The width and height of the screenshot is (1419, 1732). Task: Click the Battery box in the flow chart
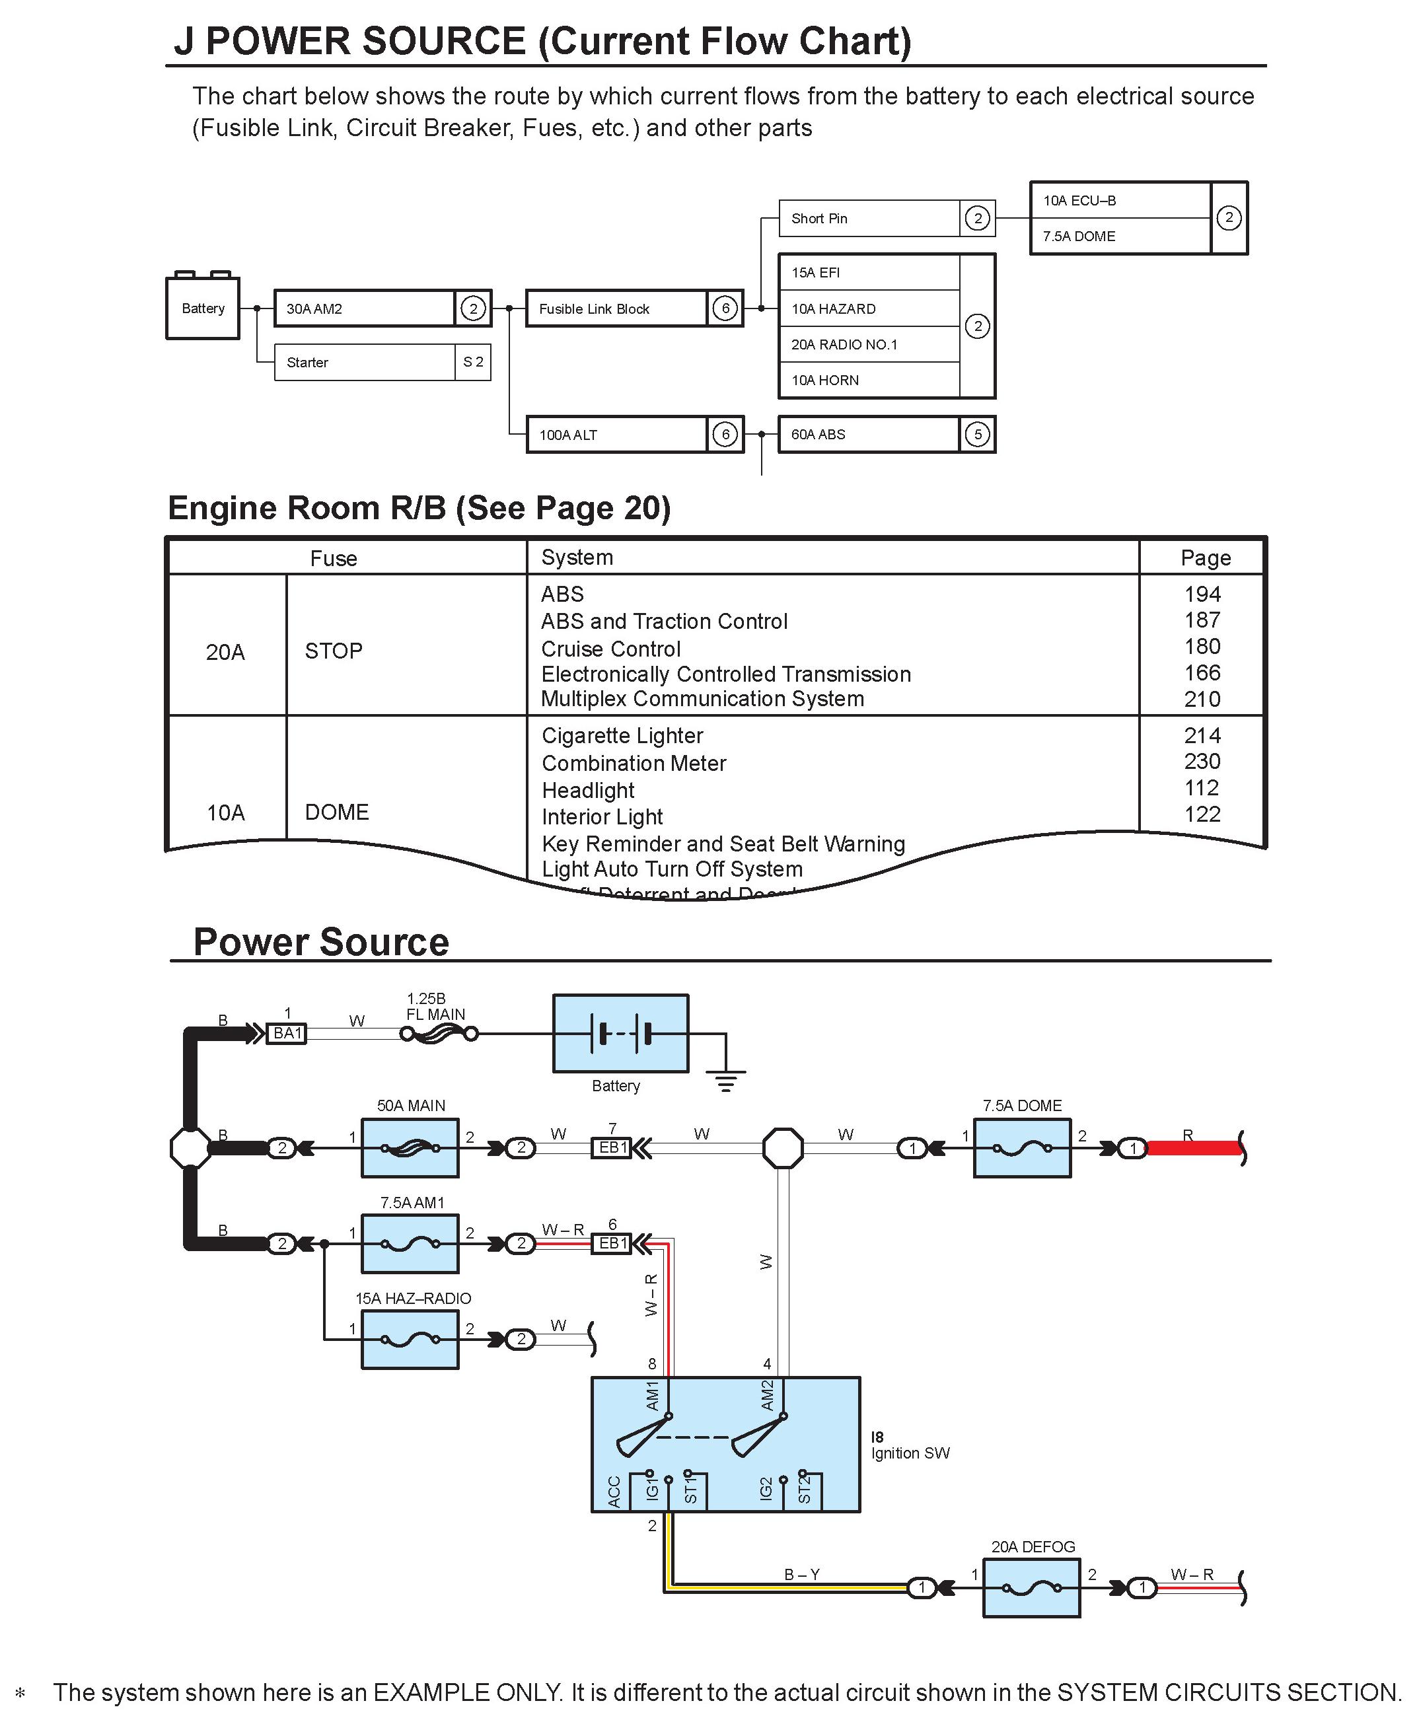pos(203,308)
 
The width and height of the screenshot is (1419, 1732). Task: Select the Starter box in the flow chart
pos(365,362)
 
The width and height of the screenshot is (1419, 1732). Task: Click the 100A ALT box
pos(616,435)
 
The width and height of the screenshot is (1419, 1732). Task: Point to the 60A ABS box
pos(868,435)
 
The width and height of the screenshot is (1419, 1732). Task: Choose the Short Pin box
pos(869,218)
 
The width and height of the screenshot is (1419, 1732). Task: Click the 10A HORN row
pos(869,380)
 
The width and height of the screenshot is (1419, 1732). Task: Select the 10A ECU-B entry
pos(1120,200)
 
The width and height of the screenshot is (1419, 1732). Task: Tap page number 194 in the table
pos(1202,595)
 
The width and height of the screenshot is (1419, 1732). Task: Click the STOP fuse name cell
pos(334,651)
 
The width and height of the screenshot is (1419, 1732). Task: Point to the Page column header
pos(1206,558)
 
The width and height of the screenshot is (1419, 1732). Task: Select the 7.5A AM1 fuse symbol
pos(410,1244)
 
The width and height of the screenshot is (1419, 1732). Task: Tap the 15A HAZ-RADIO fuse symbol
pos(410,1340)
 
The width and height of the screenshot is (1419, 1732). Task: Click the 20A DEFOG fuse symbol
pos(1032,1588)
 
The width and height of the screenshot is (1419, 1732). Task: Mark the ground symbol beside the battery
pos(726,1080)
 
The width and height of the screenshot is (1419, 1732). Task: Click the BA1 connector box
pos(287,1034)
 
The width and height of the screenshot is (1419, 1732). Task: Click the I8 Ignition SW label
pos(910,1445)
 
